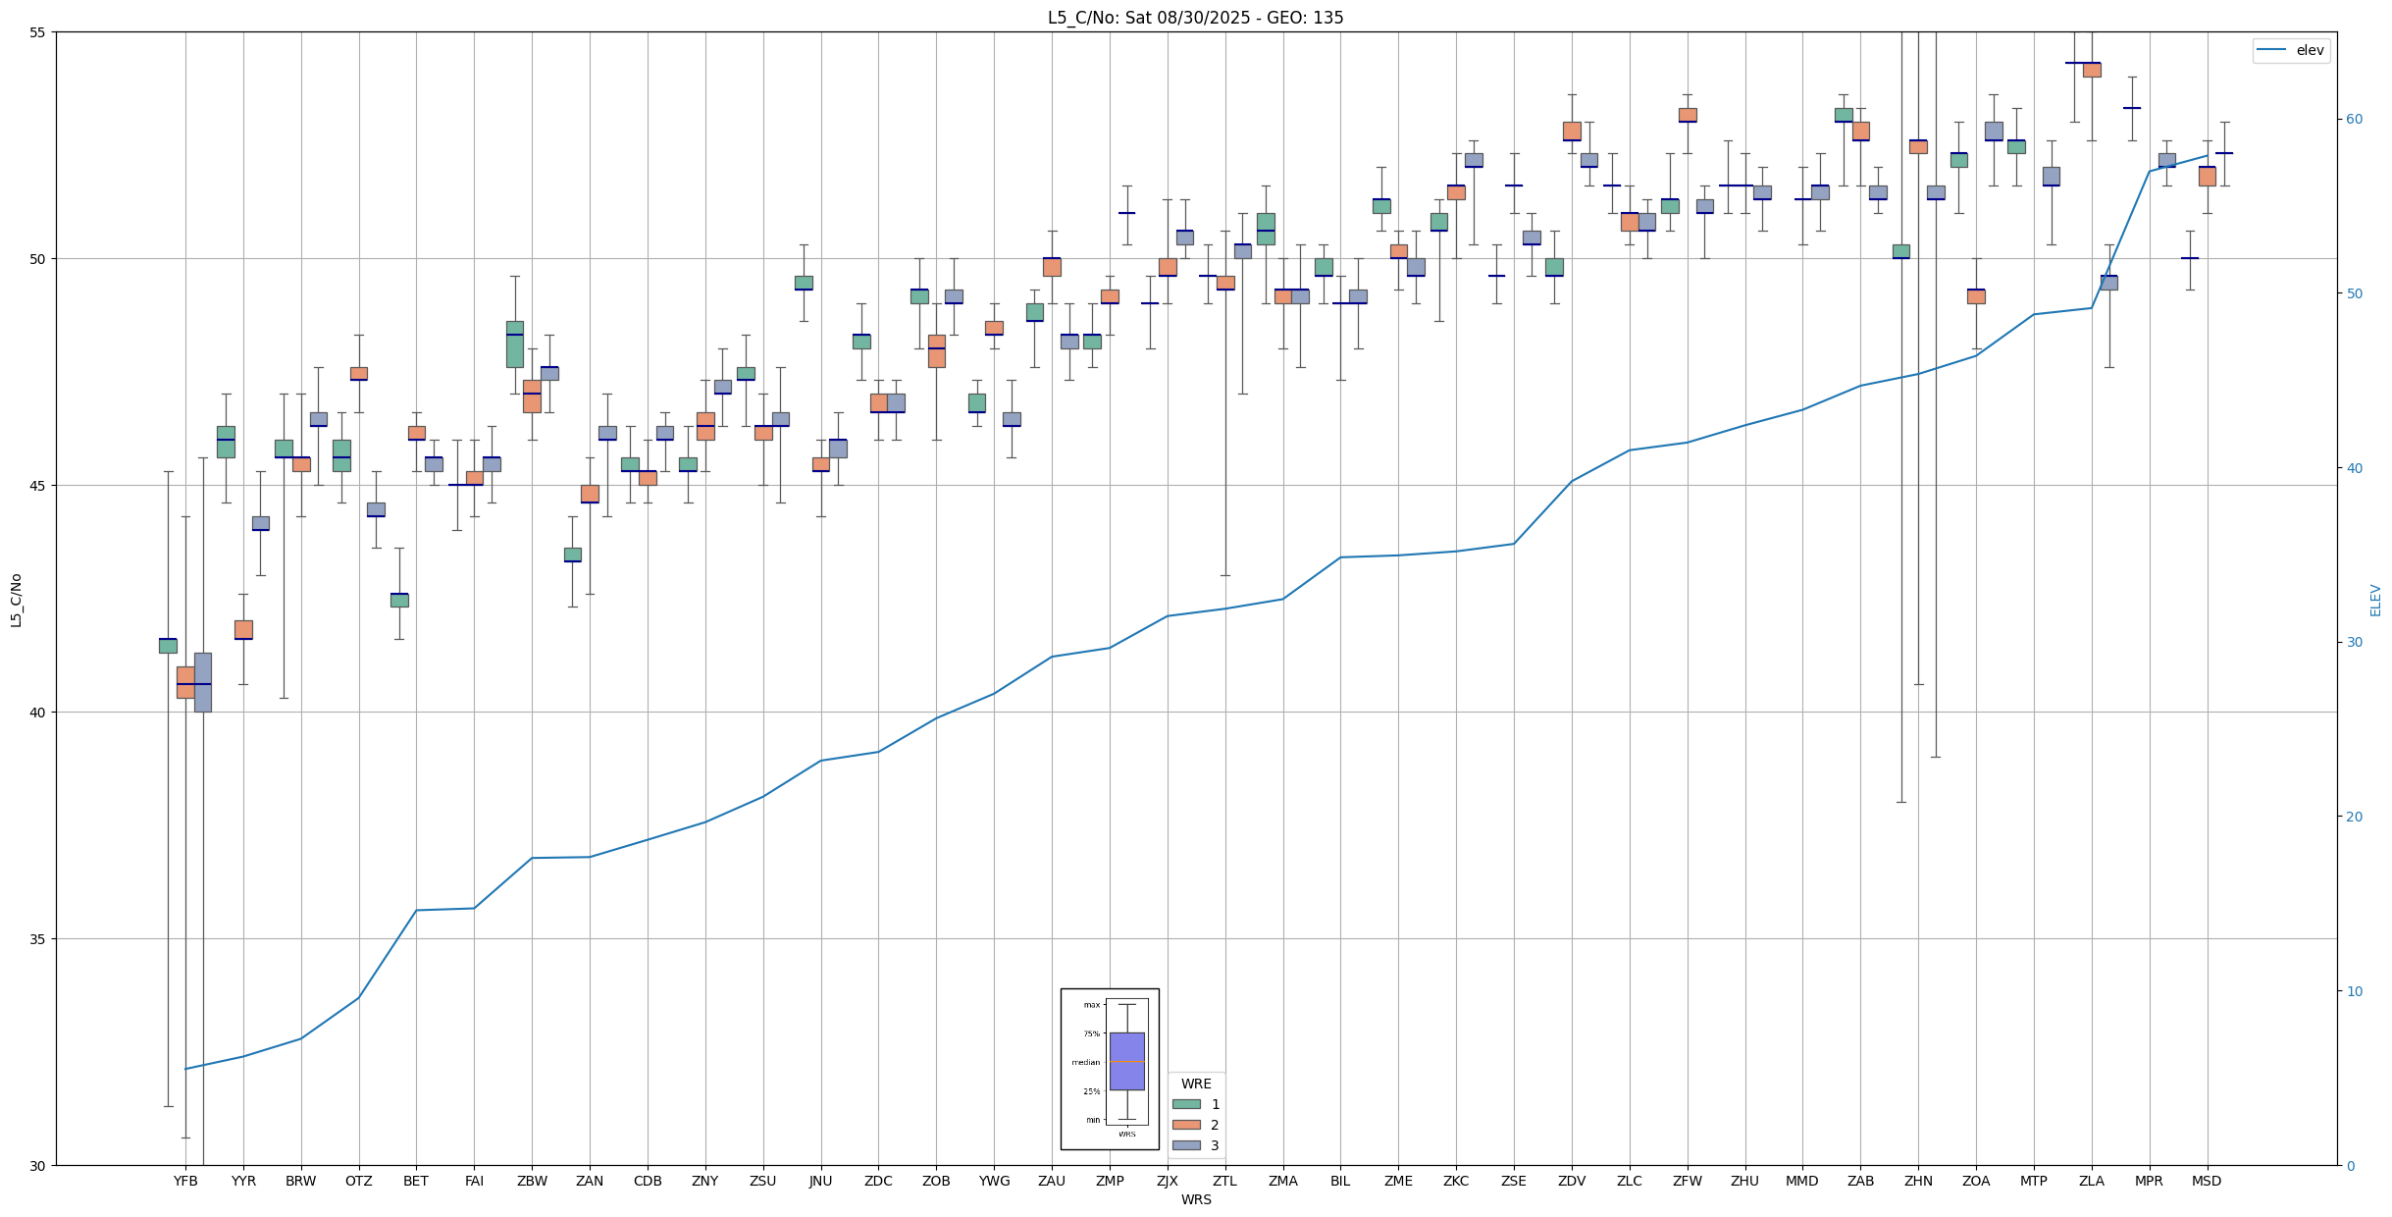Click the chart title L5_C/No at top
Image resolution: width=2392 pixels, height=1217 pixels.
pos(1195,18)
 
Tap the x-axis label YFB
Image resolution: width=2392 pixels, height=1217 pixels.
pos(185,1181)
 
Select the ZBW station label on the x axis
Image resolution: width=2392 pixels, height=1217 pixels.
pos(532,1181)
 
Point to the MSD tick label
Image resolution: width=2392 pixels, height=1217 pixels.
pos(2207,1181)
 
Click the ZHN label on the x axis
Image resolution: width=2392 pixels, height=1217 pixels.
pos(1918,1181)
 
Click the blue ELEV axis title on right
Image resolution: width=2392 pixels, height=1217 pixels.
pos(2375,600)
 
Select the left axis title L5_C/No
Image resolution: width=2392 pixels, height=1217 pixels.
pos(16,600)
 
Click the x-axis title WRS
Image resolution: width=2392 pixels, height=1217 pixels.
pos(1196,1199)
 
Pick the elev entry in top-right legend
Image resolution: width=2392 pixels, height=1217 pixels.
pos(2310,50)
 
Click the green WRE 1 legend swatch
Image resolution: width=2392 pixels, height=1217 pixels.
pos(1186,1104)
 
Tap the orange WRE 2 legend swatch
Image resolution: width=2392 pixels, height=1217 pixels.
pos(1186,1125)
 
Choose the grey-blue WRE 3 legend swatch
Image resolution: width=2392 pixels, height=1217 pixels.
pos(1186,1145)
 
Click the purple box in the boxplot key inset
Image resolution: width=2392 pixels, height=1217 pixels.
pos(1126,1061)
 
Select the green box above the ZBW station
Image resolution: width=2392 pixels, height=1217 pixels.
pos(515,344)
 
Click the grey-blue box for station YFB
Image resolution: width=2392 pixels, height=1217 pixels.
pos(203,682)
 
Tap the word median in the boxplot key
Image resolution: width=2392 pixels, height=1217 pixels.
pos(1085,1062)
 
